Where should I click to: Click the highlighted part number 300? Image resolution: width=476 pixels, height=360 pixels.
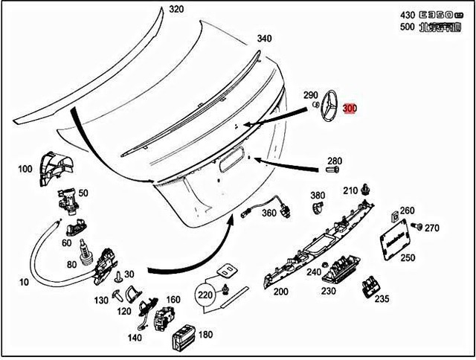click(350, 108)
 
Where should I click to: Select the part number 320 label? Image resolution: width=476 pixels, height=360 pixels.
click(176, 10)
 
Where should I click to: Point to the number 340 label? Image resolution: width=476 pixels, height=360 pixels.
click(264, 39)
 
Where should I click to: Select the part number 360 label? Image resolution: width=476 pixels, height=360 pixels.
click(268, 213)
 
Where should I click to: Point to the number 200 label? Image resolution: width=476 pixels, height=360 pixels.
click(280, 292)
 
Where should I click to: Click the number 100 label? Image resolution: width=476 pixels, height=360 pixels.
click(25, 169)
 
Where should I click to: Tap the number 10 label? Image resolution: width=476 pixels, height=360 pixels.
click(25, 282)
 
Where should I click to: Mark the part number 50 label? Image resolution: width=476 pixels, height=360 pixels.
click(83, 193)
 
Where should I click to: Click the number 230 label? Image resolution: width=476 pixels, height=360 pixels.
click(329, 292)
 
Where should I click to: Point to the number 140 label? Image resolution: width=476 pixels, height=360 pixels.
click(135, 338)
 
